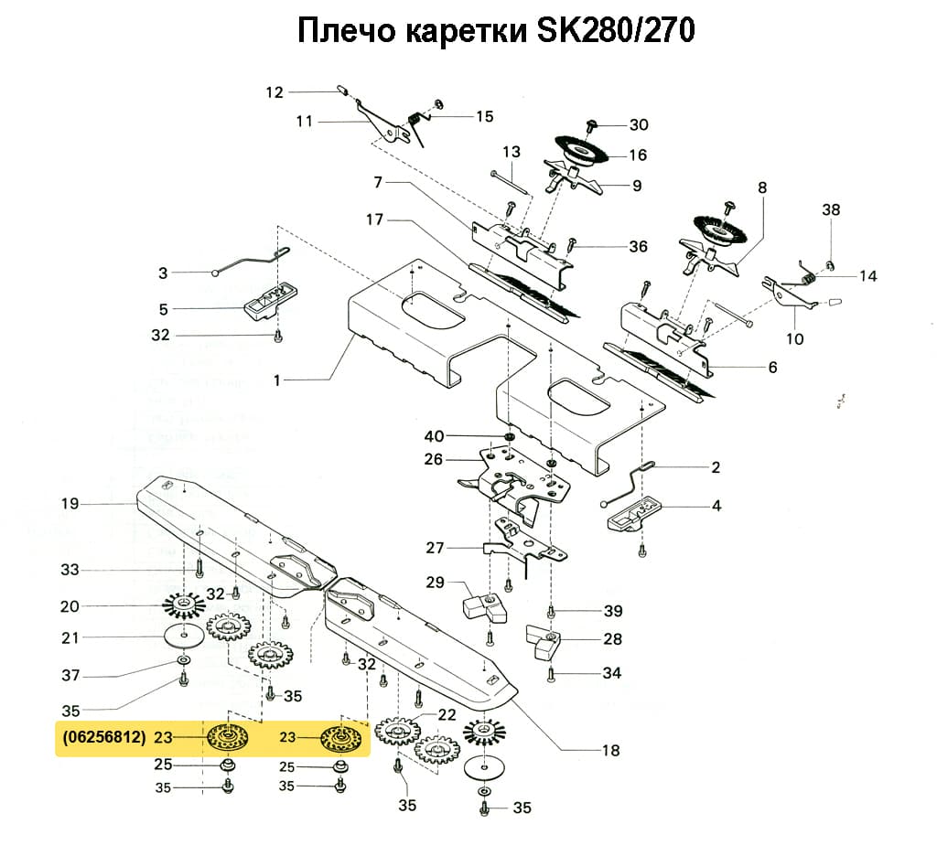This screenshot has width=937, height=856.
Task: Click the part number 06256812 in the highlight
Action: click(x=104, y=737)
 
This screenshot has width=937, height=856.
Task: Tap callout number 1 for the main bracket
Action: click(x=276, y=380)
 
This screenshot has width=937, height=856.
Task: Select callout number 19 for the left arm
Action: click(x=70, y=504)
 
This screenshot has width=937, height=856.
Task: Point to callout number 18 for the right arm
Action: click(x=610, y=751)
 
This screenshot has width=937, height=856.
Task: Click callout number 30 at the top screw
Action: click(x=638, y=124)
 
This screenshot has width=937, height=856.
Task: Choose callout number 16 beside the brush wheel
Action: click(x=638, y=155)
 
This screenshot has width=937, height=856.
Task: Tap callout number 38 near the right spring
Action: click(x=830, y=209)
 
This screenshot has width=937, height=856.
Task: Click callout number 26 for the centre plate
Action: click(x=434, y=459)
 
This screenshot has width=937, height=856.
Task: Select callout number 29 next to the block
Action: click(x=435, y=583)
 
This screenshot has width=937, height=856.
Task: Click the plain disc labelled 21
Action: click(x=185, y=636)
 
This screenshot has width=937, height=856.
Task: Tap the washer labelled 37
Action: click(x=183, y=658)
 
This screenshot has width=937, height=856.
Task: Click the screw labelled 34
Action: click(x=551, y=675)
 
